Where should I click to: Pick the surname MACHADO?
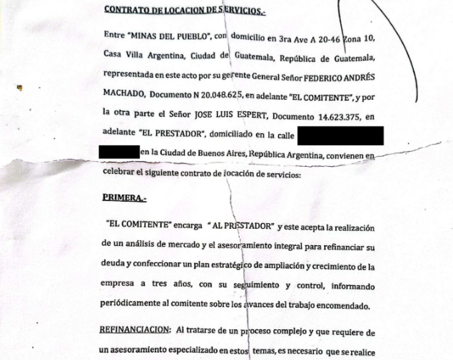(x=125, y=94)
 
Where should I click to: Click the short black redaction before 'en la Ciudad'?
(x=118, y=152)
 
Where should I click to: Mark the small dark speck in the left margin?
(x=20, y=88)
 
